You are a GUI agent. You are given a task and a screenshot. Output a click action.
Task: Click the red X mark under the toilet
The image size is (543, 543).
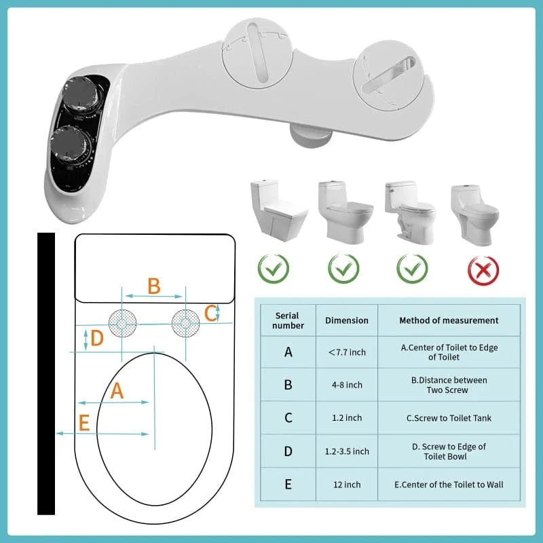point(483,269)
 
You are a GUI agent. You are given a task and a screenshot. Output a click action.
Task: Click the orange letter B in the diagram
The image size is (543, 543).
point(154,286)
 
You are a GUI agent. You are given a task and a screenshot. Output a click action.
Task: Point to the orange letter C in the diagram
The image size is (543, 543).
point(211,313)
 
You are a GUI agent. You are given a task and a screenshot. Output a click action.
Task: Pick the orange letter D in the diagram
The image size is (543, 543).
point(97,338)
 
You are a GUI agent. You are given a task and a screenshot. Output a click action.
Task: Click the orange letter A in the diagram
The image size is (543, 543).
point(117,390)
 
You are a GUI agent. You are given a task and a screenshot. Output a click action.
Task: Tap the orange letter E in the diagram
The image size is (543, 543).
point(84,424)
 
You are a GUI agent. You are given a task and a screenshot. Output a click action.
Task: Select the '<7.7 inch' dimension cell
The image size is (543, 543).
point(347,352)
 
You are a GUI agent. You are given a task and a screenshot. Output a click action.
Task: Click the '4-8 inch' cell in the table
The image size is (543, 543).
point(347,385)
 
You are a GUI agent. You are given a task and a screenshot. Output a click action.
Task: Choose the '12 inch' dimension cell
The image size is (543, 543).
point(347,485)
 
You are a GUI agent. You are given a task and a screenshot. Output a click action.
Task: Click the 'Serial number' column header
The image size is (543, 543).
point(288,320)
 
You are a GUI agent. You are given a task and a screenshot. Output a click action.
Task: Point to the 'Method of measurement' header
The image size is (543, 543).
point(449,320)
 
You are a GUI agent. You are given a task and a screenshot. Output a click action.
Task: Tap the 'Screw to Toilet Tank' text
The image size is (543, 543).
point(449,418)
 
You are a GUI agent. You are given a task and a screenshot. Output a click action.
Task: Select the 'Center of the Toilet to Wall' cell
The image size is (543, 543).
point(449,485)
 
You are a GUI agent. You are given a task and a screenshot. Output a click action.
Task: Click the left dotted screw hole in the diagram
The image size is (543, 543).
point(121,323)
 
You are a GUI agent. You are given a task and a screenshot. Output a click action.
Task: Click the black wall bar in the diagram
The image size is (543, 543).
point(46,373)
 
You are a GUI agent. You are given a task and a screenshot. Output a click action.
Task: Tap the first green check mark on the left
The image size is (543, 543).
point(273,269)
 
